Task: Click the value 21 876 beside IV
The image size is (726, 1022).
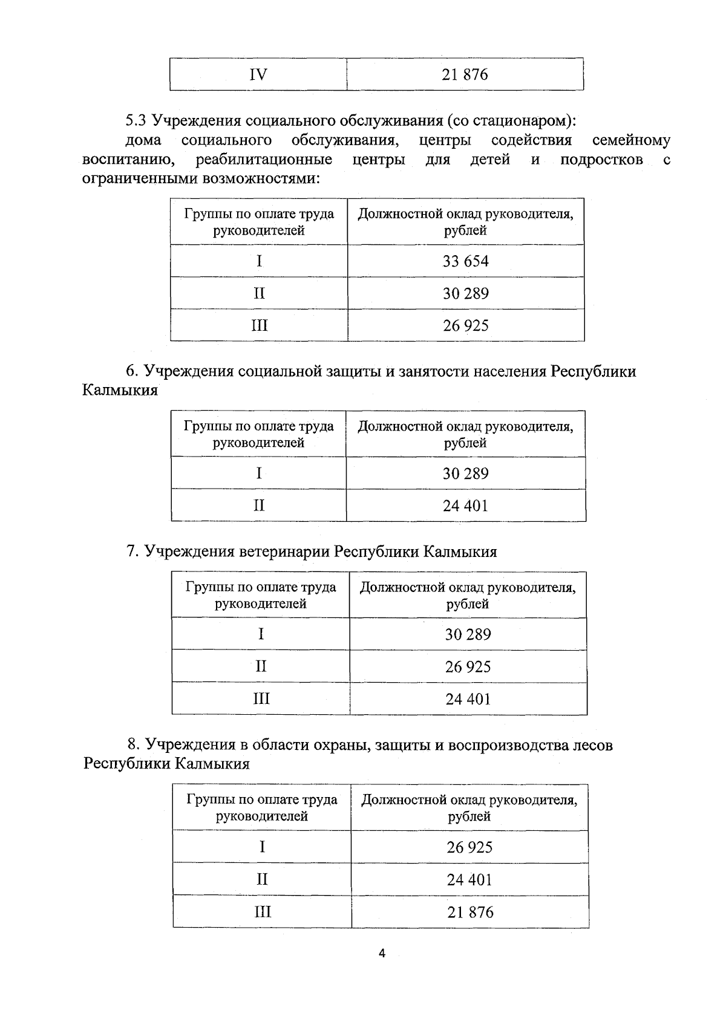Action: tap(465, 75)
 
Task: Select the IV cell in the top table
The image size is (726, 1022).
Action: tap(258, 75)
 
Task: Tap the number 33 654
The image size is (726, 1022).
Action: tap(465, 261)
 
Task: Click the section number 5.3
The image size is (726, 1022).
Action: tap(136, 120)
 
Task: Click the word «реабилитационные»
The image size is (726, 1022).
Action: tap(264, 160)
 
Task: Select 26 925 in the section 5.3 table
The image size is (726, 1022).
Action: tap(465, 326)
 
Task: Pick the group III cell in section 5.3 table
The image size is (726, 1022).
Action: tap(259, 326)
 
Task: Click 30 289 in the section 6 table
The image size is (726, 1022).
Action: tap(465, 474)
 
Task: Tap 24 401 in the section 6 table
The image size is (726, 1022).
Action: tap(465, 506)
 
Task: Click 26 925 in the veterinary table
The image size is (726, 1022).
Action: tap(468, 667)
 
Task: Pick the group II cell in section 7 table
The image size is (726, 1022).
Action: tap(261, 666)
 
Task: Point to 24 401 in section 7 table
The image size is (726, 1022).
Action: tap(468, 699)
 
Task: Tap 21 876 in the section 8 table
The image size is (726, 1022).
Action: tap(470, 912)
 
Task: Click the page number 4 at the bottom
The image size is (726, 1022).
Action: tap(382, 954)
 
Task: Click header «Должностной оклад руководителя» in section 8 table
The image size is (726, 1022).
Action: tap(469, 800)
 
